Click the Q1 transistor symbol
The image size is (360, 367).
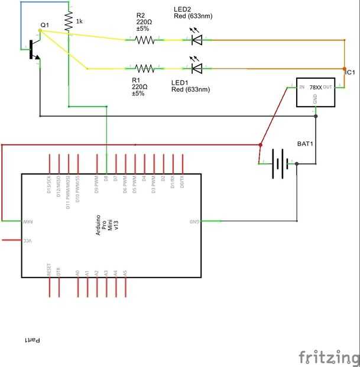pyautogui.click(x=34, y=50)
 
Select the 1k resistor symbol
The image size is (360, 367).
pyautogui.click(x=69, y=22)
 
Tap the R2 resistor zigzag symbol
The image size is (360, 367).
pyautogui.click(x=145, y=40)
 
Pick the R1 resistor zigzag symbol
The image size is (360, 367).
pyautogui.click(x=145, y=69)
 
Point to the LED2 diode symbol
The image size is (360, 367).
pyautogui.click(x=197, y=40)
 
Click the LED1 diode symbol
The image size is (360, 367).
pyautogui.click(x=197, y=68)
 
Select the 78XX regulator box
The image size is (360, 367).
pyautogui.click(x=315, y=92)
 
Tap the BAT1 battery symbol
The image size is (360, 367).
pyautogui.click(x=281, y=163)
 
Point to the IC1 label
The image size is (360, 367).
pyautogui.click(x=350, y=72)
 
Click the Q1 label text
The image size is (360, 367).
pyautogui.click(x=44, y=25)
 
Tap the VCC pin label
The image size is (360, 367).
pyautogui.click(x=27, y=240)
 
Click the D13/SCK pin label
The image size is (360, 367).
pyautogui.click(x=50, y=184)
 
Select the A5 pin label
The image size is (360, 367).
pyautogui.click(x=125, y=273)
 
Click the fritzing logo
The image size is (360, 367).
pyautogui.click(x=328, y=357)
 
